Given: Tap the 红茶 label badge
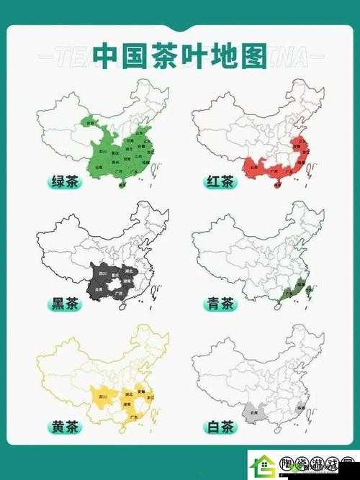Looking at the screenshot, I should click(x=217, y=183).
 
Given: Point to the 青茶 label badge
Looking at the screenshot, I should click(x=217, y=305).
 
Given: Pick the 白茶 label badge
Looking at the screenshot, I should click(x=217, y=427).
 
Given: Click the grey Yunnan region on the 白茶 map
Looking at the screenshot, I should click(x=253, y=412).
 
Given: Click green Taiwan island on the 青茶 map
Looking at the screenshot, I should click(x=310, y=289).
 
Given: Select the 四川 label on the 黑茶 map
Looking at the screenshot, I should click(x=102, y=275).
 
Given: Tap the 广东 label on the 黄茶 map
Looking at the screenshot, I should click(x=132, y=416).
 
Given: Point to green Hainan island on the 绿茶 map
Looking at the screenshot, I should click(x=122, y=186).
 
